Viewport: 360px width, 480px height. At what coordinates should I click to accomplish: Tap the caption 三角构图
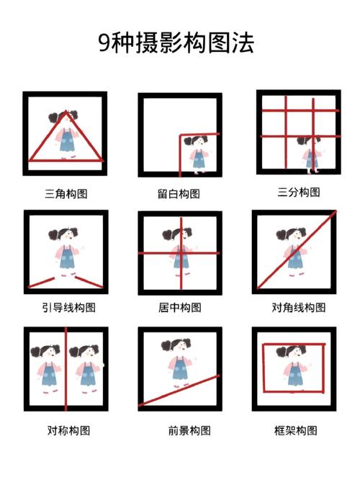(66, 193)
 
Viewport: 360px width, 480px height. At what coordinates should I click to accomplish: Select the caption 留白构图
(179, 193)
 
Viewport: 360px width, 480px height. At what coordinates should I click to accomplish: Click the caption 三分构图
(297, 192)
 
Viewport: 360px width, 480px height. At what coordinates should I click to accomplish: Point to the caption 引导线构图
(68, 308)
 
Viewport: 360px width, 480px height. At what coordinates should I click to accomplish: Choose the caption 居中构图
(179, 308)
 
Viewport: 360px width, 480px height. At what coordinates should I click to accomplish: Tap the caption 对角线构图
(298, 308)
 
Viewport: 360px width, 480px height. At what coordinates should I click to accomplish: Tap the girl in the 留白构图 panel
(197, 154)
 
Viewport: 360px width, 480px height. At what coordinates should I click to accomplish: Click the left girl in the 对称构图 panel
(47, 368)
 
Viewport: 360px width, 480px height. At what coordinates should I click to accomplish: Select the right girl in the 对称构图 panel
(86, 368)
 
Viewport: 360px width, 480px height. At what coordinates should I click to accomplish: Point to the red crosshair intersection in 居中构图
(180, 253)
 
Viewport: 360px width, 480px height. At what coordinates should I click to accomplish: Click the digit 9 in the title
(104, 44)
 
